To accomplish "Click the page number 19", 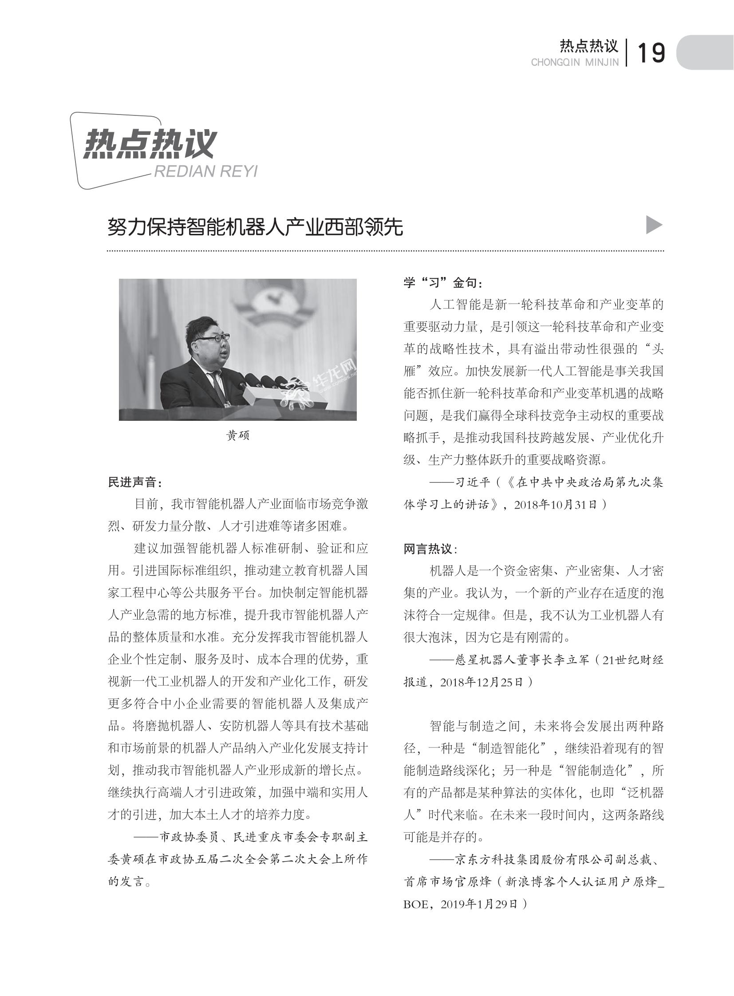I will click(x=651, y=53).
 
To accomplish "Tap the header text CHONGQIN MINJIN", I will click(x=575, y=63).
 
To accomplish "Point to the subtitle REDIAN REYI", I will click(x=205, y=172).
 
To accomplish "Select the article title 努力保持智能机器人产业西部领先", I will click(x=255, y=227).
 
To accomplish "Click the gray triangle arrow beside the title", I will click(x=654, y=225).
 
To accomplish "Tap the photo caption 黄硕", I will click(x=238, y=435).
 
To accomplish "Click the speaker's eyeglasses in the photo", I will click(x=213, y=338).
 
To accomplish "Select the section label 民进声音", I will click(x=135, y=482).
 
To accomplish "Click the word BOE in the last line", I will click(x=416, y=905).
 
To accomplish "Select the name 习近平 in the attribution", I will click(x=473, y=482).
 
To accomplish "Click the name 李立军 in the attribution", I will click(x=571, y=660).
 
